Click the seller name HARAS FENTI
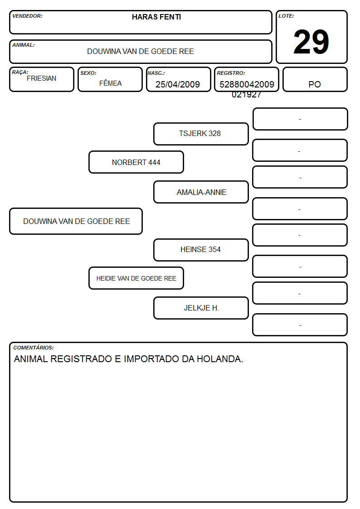click(156, 17)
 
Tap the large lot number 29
click(311, 42)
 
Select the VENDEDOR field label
click(27, 16)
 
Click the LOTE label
click(286, 16)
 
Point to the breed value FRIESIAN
click(42, 78)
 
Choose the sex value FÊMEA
click(110, 83)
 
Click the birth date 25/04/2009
click(178, 84)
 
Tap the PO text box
click(315, 79)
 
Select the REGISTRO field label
click(231, 73)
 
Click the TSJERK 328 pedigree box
click(201, 134)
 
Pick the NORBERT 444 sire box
click(136, 162)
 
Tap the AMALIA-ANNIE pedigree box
click(201, 192)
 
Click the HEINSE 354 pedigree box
click(201, 250)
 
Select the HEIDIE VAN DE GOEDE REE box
click(136, 278)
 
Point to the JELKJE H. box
click(201, 308)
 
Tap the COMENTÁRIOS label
click(34, 348)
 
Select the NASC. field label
click(156, 73)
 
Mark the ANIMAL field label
click(24, 45)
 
